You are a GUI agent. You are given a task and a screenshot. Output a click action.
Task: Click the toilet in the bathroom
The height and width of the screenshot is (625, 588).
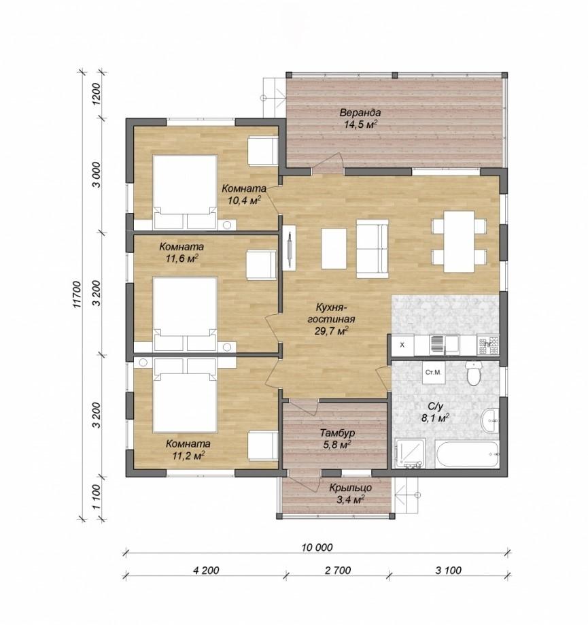click(x=474, y=373)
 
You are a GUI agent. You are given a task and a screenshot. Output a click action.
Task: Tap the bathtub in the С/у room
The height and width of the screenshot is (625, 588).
click(x=467, y=454)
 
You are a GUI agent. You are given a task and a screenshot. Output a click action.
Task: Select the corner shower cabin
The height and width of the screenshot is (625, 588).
click(x=411, y=453)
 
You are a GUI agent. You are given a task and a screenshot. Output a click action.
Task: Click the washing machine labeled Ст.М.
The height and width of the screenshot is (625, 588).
click(x=434, y=373)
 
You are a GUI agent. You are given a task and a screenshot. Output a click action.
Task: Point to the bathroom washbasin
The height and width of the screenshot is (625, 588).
click(x=490, y=420)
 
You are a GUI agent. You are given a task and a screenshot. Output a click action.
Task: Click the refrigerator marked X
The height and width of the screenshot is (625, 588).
click(x=402, y=345)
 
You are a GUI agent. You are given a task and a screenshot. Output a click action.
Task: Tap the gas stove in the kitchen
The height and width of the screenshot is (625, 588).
click(x=488, y=345)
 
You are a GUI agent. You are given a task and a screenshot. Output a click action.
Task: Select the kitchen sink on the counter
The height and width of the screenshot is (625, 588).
click(x=444, y=345)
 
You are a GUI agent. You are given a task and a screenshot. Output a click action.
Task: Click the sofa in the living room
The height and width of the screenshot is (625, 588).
click(x=372, y=249)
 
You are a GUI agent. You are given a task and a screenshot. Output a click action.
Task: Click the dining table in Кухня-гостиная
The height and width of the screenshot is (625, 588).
click(x=459, y=241)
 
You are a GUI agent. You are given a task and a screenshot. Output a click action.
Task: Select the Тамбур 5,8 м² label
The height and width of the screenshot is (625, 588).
click(x=337, y=439)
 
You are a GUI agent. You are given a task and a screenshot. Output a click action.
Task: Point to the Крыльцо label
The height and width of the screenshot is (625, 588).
click(x=351, y=488)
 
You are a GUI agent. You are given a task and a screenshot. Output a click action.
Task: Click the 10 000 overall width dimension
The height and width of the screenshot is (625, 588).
click(x=317, y=547)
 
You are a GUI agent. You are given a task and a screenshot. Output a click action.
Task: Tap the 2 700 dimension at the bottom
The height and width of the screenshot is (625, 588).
click(x=338, y=571)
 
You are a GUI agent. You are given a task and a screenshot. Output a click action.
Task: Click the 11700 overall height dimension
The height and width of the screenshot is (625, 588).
click(x=77, y=294)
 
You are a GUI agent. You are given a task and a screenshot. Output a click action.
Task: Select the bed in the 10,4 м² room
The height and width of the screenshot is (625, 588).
click(x=186, y=192)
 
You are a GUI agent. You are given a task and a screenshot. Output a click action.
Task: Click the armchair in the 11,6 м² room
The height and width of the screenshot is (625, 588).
click(x=261, y=265)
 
